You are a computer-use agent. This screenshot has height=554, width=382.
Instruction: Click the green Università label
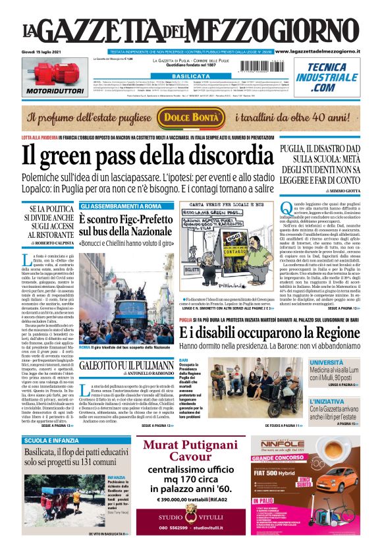tap(327, 362)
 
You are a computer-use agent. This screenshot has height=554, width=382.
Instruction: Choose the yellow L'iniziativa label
tap(326, 400)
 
